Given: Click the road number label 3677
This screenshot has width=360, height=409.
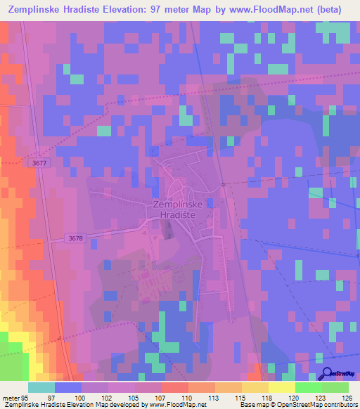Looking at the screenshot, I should coord(40,162).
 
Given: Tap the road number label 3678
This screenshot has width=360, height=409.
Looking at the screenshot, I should coord(76,238).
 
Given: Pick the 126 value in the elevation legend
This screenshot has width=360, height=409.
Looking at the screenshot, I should coord(347,398).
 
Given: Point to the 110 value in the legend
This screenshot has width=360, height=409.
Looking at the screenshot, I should coord(186,398).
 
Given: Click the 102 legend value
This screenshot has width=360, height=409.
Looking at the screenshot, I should coord(106,398).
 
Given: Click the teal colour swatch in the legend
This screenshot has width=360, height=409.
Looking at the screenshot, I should coord(41,387).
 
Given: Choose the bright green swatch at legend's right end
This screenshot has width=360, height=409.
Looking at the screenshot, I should coord(335,387).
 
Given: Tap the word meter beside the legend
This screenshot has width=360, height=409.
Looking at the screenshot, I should coord(9,398).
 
